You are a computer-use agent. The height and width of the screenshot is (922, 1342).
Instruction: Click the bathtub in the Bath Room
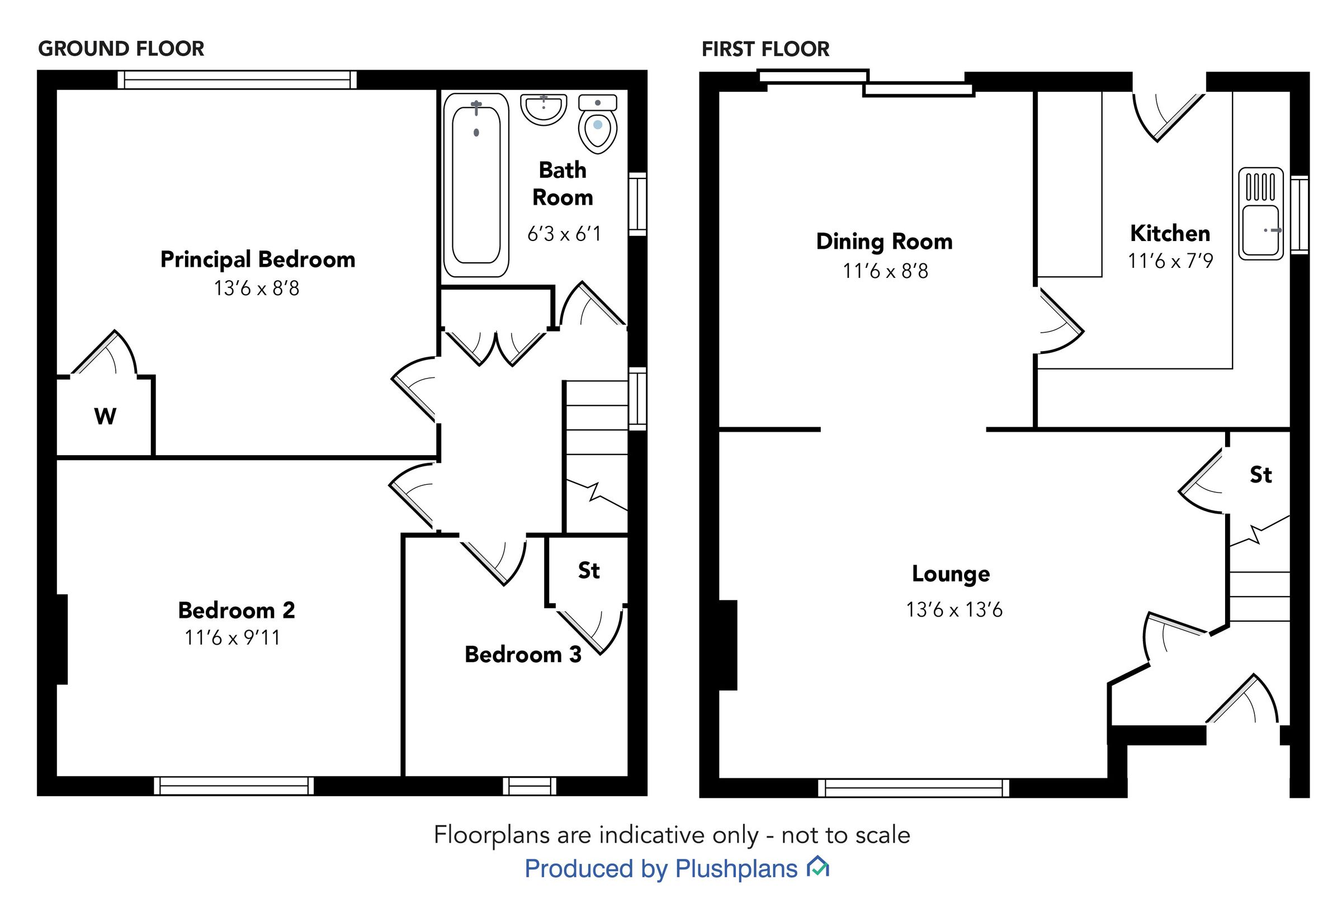tap(475, 185)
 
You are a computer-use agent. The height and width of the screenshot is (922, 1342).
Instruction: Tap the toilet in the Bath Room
tap(597, 126)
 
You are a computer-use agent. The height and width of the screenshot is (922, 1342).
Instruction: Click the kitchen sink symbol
tap(1260, 214)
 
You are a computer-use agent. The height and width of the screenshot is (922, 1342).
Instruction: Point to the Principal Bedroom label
tap(258, 259)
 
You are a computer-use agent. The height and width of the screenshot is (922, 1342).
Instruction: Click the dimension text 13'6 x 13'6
tap(954, 610)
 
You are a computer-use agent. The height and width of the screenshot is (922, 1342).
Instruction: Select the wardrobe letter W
tap(105, 416)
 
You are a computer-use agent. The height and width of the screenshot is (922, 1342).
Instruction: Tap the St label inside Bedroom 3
tap(589, 571)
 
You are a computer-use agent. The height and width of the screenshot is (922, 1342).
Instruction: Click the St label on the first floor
tap(1260, 475)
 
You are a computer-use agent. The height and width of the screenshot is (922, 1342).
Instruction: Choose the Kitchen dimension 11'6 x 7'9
tap(1170, 261)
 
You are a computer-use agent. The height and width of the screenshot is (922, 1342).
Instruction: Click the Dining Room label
tap(884, 242)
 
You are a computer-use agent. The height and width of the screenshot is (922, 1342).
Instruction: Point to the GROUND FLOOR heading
tap(121, 49)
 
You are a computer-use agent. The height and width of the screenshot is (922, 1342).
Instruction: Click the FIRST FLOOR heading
tap(765, 49)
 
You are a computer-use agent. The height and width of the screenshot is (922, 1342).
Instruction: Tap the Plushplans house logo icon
tap(818, 867)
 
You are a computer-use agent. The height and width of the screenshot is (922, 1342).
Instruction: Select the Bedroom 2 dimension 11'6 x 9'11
tap(232, 638)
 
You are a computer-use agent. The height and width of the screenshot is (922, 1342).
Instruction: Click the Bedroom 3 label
tap(523, 655)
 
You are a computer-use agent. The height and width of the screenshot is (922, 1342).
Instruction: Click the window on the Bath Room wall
tap(637, 204)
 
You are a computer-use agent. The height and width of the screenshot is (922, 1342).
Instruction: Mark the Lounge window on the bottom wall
tap(913, 788)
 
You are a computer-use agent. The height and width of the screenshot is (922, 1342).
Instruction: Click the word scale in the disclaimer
tap(882, 835)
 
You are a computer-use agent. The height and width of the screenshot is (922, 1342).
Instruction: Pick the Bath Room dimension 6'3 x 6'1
tap(564, 233)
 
